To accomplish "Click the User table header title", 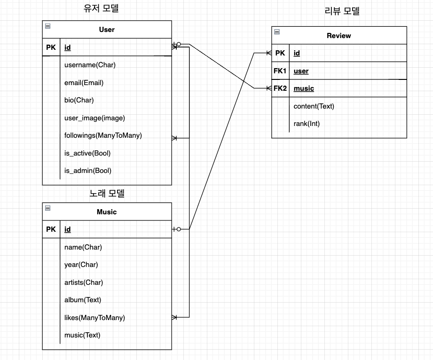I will (107, 30).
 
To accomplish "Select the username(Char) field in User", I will (90, 65).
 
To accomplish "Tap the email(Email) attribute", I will (84, 83).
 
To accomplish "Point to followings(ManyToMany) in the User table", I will (103, 135).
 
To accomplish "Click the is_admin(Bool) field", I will (88, 171).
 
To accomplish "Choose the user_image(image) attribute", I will (94, 118).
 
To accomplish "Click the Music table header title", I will (107, 212).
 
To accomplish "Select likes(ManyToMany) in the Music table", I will (94, 318).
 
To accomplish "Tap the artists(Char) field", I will (84, 282).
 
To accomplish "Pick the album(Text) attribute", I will (83, 300).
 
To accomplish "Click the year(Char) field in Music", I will (81, 265).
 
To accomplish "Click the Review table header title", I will (339, 36).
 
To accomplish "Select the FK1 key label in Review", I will (280, 71).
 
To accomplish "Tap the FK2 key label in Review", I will (280, 88).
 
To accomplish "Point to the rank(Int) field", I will (307, 124).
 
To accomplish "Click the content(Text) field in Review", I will (314, 106).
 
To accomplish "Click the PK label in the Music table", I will (51, 229).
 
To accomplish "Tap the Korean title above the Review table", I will (342, 11).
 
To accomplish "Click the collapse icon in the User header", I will (47, 26).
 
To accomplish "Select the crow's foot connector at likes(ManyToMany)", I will (174, 318).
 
